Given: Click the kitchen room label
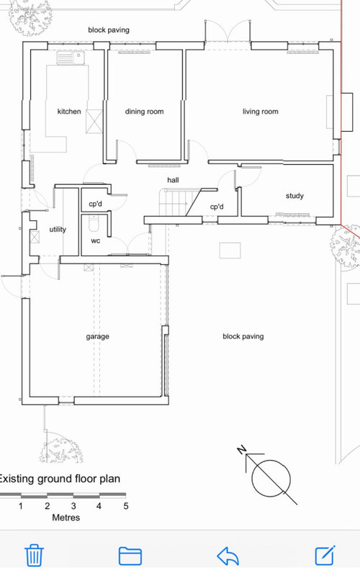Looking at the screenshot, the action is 69,112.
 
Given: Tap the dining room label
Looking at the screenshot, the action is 144,112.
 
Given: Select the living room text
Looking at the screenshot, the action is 261,112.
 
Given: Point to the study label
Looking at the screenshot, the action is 294,196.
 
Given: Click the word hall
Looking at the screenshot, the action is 173,180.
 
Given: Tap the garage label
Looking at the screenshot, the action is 97,337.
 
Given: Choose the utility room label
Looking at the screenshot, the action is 58,230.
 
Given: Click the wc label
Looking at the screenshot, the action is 96,241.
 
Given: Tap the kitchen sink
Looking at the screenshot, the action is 71,58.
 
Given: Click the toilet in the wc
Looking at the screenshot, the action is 94,223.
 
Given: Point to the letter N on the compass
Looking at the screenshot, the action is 242,450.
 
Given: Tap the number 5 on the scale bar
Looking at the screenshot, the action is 126,506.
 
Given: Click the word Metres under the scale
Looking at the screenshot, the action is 66,518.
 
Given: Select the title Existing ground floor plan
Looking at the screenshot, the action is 59,479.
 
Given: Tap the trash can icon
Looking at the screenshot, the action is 34,556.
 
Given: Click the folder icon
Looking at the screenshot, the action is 130,556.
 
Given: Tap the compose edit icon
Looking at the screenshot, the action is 325,555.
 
